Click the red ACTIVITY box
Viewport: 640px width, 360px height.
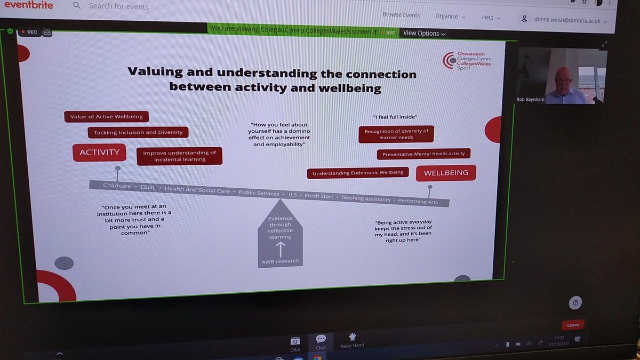pos(99,153)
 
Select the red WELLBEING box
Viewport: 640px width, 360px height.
pos(446,173)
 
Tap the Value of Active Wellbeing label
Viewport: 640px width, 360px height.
pos(106,116)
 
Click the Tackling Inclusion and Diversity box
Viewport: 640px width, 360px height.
pos(138,132)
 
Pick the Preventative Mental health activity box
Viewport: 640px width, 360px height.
pos(423,154)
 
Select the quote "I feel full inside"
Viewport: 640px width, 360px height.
pos(395,117)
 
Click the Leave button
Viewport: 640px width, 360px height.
pos(573,325)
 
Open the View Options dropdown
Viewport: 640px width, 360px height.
pos(425,33)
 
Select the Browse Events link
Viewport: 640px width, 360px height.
pos(401,15)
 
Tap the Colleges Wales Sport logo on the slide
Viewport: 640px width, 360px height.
pos(467,61)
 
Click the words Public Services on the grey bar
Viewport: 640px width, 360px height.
pos(259,193)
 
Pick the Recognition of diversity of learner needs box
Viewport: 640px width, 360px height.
pos(396,134)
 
